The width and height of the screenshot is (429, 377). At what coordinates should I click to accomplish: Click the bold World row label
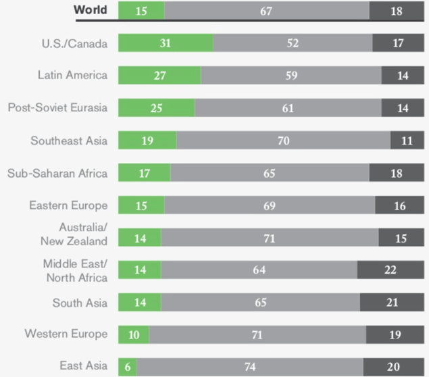90,9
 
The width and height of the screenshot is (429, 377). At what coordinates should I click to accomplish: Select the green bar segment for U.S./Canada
166,43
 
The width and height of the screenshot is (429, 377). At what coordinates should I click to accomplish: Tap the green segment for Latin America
159,75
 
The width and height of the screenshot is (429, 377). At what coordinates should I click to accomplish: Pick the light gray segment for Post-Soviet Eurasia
288,107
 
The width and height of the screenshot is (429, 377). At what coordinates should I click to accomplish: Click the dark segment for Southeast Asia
407,141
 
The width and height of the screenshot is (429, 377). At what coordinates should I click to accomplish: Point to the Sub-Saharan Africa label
57,173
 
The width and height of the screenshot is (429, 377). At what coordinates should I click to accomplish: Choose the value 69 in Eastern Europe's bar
270,205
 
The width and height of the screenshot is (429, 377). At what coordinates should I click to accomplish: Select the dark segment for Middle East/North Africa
390,270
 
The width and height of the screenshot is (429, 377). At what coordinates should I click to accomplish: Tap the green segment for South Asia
139,303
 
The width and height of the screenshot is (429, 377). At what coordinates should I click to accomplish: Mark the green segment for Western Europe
134,334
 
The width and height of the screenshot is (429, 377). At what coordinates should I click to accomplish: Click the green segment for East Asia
128,367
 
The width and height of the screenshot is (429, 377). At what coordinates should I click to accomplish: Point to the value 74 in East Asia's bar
251,367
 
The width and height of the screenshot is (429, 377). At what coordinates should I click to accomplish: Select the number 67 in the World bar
266,10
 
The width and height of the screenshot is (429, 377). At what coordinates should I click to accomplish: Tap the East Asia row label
83,366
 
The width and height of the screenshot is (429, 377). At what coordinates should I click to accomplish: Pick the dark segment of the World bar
396,10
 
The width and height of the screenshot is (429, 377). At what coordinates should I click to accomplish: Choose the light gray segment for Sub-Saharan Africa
270,173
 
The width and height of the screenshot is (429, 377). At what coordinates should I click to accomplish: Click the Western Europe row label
66,334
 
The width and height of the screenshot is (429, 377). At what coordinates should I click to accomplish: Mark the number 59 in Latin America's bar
291,75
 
